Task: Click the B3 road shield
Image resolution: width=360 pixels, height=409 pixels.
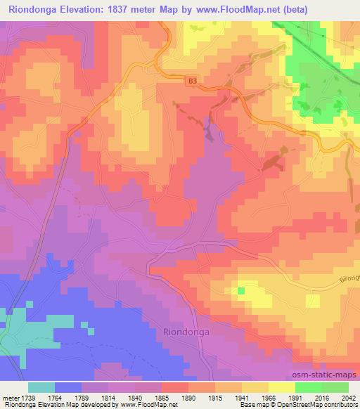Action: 193,82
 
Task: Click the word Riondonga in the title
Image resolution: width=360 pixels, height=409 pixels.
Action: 34,9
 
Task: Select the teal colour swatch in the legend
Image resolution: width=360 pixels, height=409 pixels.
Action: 41,387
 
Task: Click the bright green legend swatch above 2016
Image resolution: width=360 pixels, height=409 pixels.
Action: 309,387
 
